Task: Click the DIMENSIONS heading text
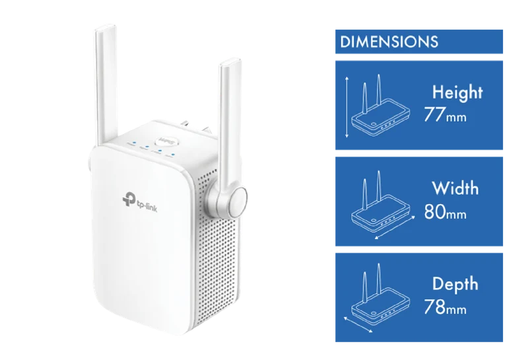tap(389, 42)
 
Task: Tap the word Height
tap(457, 92)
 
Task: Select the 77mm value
tap(445, 115)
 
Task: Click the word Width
tap(455, 188)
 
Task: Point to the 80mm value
tap(445, 211)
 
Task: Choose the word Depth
tap(455, 284)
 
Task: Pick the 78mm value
tap(445, 306)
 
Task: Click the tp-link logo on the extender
tap(140, 202)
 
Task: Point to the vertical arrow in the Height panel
tap(347, 107)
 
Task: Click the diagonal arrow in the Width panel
tap(395, 228)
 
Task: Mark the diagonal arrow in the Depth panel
tap(358, 324)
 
